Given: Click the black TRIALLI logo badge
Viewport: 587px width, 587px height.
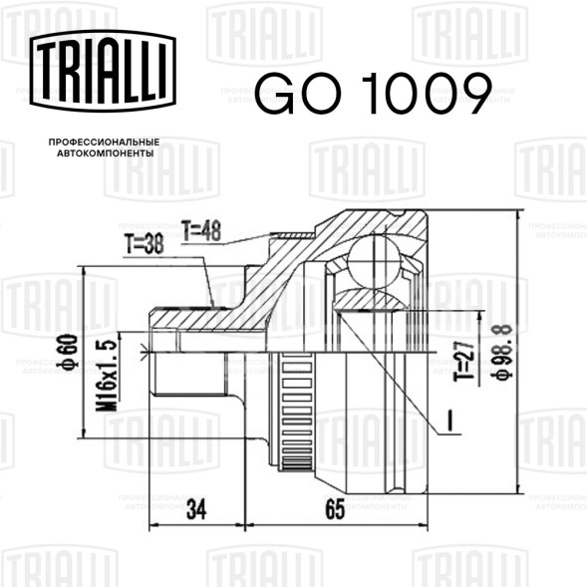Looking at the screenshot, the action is pos(103,71).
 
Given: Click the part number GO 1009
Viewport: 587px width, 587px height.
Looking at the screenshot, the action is pos(374,94).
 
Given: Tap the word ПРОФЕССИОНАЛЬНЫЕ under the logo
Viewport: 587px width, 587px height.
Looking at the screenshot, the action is pos(104,143).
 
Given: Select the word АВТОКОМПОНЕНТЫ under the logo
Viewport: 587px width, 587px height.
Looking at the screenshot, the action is pos(106,153).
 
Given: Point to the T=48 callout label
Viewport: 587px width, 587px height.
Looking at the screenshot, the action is pos(201,231).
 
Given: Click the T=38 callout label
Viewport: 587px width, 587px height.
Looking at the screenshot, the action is pos(145,244).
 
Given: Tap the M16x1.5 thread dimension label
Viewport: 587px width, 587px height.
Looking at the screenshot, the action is pos(107,376).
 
